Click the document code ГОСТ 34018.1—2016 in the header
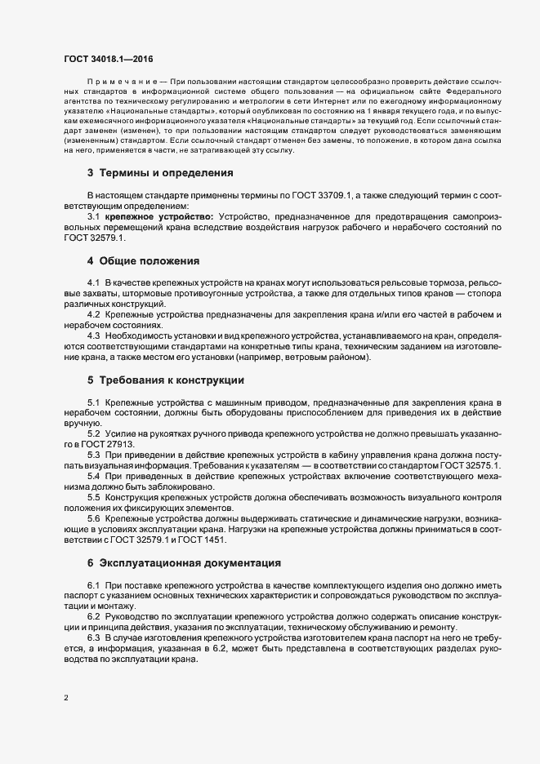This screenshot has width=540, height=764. point(108,60)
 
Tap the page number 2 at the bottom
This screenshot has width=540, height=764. point(66,697)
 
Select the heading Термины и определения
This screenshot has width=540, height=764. point(166,173)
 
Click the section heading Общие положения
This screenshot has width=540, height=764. point(150,261)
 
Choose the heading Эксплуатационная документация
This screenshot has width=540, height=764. point(190,562)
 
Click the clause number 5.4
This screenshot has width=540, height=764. point(93,475)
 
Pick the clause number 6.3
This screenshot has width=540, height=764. point(93,636)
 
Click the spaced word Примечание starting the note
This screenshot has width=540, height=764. point(120,82)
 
